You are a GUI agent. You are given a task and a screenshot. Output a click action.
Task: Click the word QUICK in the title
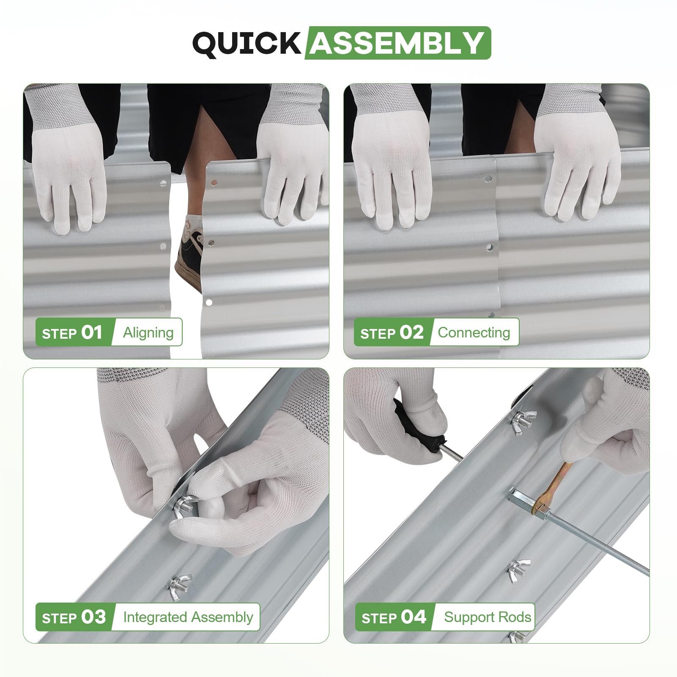point(247,43)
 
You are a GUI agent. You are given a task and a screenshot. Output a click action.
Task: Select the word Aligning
point(148,333)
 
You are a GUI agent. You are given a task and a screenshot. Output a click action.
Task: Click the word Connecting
point(474,333)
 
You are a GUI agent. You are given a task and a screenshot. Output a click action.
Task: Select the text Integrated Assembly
point(188,617)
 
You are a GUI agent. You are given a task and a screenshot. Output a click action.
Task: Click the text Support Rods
point(488,617)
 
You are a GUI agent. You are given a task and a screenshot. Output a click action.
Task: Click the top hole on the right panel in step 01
point(214,183)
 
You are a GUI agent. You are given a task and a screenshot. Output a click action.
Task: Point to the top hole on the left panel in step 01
point(163,184)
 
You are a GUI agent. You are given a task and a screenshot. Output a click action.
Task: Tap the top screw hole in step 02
point(488,179)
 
